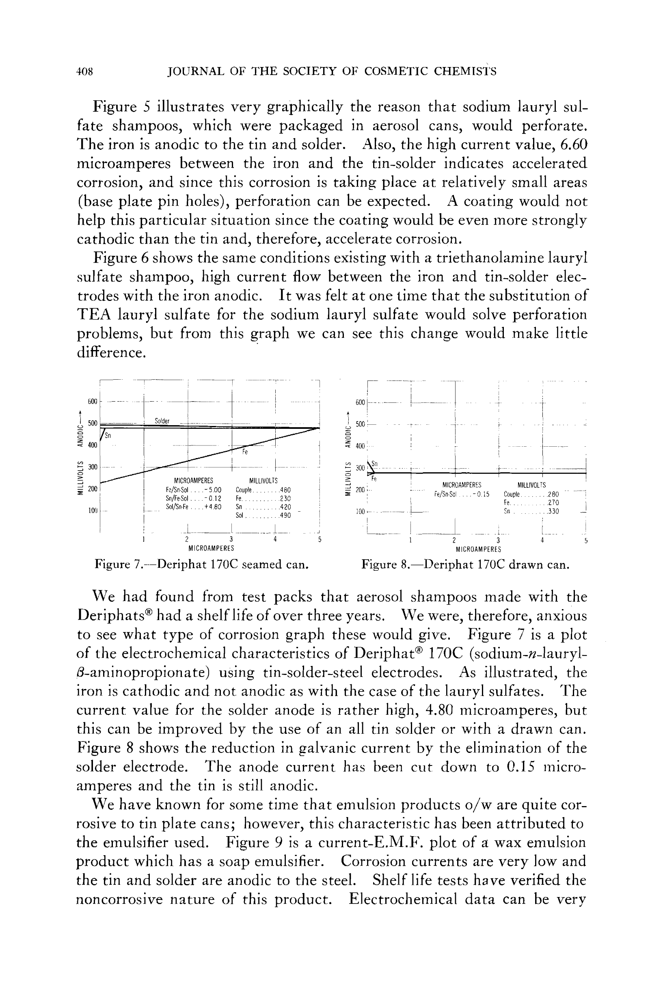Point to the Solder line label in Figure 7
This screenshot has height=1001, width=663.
pos(162,421)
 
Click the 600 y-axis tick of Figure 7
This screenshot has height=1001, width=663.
pos(93,401)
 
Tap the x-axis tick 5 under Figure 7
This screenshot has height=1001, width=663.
pos(320,540)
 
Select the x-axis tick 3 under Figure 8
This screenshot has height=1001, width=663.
pos(498,540)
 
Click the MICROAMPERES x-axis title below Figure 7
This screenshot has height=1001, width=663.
pos(212,549)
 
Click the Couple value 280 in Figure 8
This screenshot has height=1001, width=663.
pos(553,494)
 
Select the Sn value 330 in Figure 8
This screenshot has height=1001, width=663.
pos(553,511)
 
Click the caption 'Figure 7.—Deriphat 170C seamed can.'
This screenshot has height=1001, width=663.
pos(201,564)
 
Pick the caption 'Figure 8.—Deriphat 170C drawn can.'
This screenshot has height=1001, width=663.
pos(465,565)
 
